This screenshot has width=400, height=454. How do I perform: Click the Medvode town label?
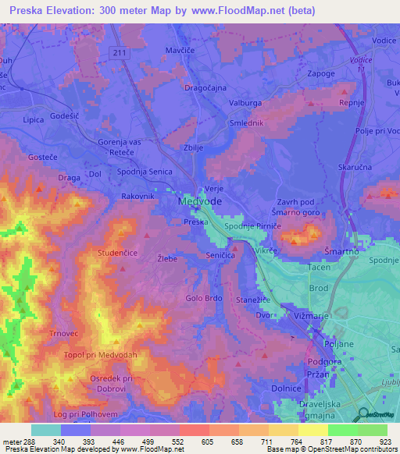(x=199, y=201)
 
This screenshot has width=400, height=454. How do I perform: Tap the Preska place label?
(x=195, y=222)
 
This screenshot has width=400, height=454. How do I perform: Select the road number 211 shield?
(x=118, y=53)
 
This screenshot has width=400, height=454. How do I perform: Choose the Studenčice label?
(x=117, y=254)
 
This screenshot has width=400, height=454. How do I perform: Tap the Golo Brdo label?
(x=205, y=298)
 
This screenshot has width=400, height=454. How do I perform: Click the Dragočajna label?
(x=204, y=88)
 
